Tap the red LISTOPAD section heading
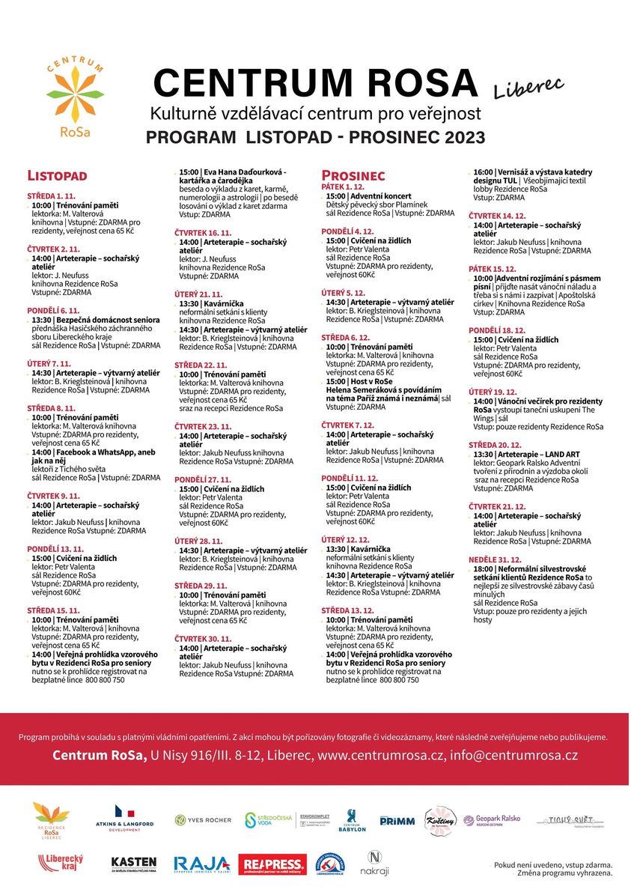pyautogui.click(x=57, y=176)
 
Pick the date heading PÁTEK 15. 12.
pyautogui.click(x=492, y=269)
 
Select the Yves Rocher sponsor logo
pyautogui.click(x=204, y=820)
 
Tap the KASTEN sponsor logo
pyautogui.click(x=134, y=864)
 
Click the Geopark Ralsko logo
pyautogui.click(x=492, y=821)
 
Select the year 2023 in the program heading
pyautogui.click(x=457, y=138)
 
